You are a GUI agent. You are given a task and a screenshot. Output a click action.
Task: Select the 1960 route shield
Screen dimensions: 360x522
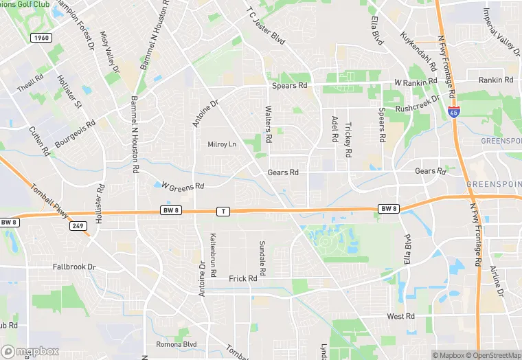tap(40, 38)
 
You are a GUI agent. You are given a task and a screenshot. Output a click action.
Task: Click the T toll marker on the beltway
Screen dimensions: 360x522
tap(223, 211)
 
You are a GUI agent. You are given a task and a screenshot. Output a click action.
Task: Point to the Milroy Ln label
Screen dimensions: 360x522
tap(222, 144)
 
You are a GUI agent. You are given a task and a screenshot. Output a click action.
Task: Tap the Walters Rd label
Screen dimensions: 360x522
tap(269, 124)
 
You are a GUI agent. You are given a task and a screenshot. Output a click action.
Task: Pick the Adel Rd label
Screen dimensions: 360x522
tap(334, 128)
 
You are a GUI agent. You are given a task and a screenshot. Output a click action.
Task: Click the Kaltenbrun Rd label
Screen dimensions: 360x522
tap(213, 255)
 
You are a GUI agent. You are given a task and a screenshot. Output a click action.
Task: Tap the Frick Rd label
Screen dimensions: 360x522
tap(242, 278)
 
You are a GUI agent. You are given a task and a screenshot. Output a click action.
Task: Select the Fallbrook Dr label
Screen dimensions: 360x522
tap(74, 266)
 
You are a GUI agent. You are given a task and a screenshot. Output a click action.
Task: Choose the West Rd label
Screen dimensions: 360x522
tap(400, 316)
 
